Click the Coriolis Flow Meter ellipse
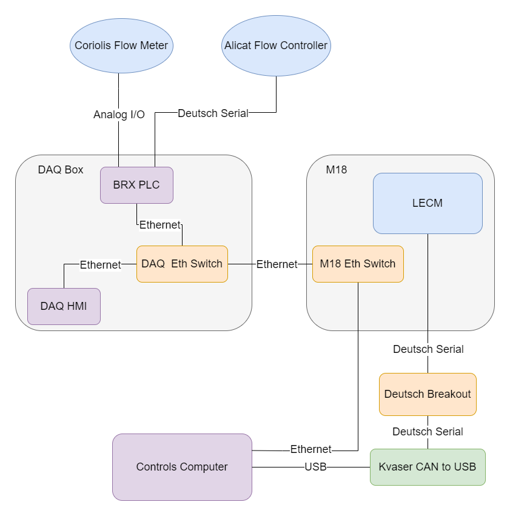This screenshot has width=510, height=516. (121, 45)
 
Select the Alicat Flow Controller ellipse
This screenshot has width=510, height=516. (276, 45)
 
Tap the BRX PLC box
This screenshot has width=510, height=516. (136, 185)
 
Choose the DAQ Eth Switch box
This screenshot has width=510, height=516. (182, 264)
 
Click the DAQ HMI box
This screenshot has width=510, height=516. (64, 306)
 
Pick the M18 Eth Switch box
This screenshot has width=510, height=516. (358, 264)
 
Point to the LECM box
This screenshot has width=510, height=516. (428, 203)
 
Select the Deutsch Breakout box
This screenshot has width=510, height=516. (428, 394)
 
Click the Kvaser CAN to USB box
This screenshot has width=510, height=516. (428, 467)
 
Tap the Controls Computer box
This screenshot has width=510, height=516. (182, 467)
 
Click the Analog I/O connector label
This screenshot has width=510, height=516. (119, 115)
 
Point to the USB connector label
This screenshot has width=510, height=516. (315, 467)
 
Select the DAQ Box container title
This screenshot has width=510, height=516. (61, 170)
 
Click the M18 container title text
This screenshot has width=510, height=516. (337, 170)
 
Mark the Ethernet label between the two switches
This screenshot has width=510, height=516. (277, 264)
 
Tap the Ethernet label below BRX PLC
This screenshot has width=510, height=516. (160, 225)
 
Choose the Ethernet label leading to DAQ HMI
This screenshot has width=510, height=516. (101, 264)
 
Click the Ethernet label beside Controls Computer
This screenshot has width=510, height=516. (310, 449)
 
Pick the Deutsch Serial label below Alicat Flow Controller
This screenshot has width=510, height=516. (213, 113)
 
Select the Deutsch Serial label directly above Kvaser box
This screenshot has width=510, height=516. (428, 432)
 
